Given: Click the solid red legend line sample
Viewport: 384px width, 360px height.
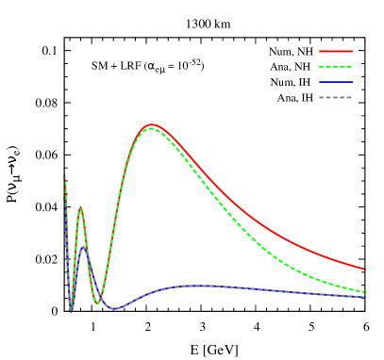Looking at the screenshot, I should point(335,51).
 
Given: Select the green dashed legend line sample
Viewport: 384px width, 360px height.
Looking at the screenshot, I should point(335,67).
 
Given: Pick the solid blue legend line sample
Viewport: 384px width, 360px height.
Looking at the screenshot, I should point(335,82).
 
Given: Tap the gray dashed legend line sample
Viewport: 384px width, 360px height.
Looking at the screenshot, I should point(335,97).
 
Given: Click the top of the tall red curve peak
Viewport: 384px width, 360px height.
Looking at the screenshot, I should point(151,124).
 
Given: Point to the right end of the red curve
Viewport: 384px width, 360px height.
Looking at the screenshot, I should point(364,269).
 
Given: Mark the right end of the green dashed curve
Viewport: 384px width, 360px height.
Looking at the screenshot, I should point(364,292).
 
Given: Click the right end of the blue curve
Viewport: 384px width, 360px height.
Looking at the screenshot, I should point(364,297).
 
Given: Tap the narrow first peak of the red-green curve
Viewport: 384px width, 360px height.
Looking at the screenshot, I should point(80,207).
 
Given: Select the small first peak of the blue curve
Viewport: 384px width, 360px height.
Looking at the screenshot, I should point(83,247).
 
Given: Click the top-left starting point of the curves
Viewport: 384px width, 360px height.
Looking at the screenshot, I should point(64,176).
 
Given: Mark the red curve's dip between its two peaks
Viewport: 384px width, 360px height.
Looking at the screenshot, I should point(98,302).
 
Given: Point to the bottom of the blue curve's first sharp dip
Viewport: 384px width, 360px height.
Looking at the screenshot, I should point(71,310).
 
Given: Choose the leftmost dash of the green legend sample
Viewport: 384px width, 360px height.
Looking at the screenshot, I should point(323,67).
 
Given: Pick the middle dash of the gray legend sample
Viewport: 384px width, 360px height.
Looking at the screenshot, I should point(335,97).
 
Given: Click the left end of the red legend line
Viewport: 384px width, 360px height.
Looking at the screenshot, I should point(320,51).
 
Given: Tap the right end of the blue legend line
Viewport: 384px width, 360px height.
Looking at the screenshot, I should point(351,82).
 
